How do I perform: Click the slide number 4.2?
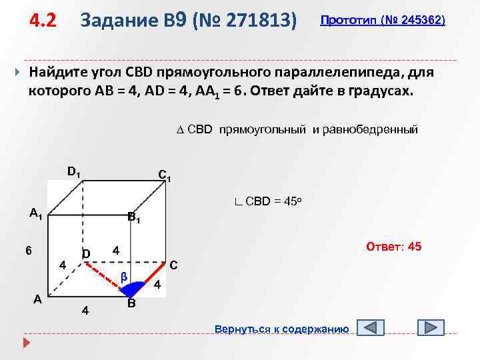[42, 21]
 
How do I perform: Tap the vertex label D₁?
[74, 171]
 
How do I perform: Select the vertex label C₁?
[165, 176]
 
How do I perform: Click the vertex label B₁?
[133, 217]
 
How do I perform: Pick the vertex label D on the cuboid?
[86, 254]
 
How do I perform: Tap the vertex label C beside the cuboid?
[173, 264]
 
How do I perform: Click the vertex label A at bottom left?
[39, 299]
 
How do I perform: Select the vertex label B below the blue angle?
[131, 303]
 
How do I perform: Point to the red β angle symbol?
[123, 276]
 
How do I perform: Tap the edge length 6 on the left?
[29, 251]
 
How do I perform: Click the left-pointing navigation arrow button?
[371, 328]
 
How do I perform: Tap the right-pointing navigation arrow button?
[431, 328]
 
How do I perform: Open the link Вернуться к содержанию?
[281, 329]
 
